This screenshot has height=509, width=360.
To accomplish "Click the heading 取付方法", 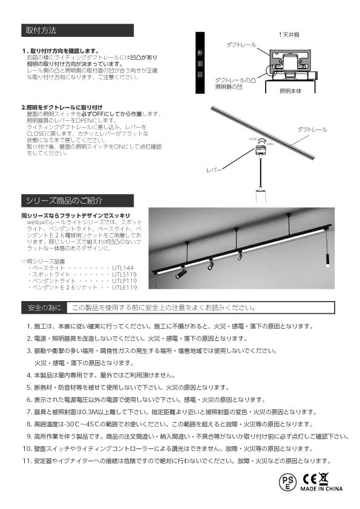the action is (42, 30).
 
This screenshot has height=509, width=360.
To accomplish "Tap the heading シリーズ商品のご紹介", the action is (64, 199).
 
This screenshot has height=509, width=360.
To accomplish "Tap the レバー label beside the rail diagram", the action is (213, 171).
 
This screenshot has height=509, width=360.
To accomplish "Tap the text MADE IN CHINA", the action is (320, 488).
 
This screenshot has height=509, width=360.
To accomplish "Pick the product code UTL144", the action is (123, 267).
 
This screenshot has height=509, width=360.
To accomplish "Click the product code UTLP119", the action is (125, 280).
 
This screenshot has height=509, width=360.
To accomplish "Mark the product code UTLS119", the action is (125, 274).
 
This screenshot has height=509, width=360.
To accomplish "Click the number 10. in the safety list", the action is (27, 449).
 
